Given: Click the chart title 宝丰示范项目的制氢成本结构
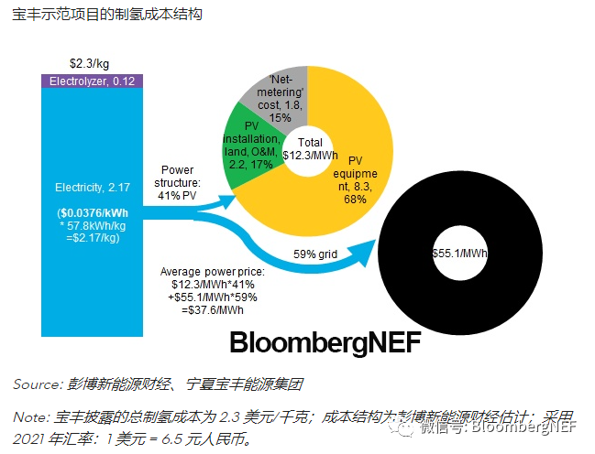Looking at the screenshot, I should (x=106, y=16).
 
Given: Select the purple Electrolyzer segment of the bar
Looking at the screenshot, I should (x=91, y=81).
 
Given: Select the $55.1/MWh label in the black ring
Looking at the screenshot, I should (x=452, y=252).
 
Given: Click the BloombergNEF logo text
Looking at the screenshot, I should (x=325, y=343).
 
